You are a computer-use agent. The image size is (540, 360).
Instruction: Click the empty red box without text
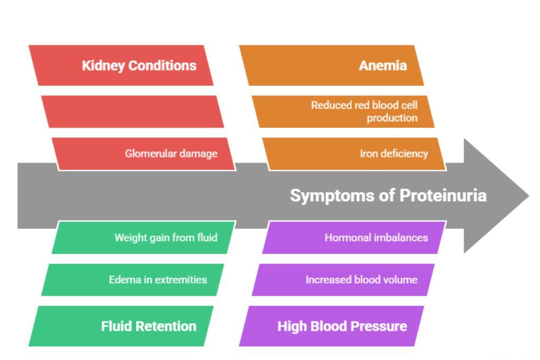point(132,111)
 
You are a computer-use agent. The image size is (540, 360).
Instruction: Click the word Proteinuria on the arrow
point(443,196)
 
